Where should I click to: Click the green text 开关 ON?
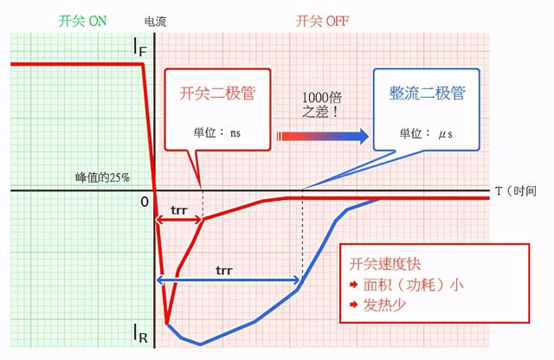(x=83, y=18)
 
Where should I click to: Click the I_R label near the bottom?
(x=140, y=332)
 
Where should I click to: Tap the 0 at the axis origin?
(x=145, y=202)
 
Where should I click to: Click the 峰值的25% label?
(x=101, y=177)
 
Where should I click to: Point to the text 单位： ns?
(x=218, y=133)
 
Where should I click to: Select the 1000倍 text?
(x=321, y=97)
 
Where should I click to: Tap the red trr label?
(x=180, y=209)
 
